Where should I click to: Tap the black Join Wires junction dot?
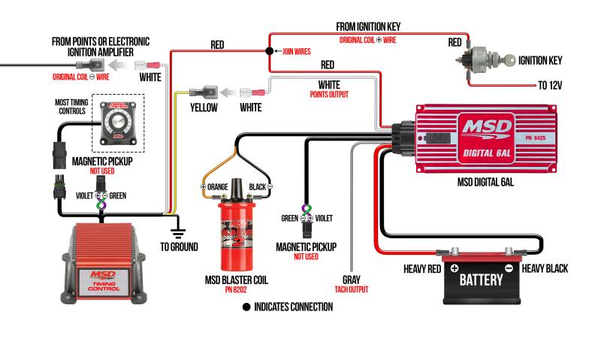tap(268, 52)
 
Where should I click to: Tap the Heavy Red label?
tap(424, 268)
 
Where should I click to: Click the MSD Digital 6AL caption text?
tap(485, 183)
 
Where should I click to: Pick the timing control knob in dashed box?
tap(117, 123)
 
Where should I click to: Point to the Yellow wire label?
tap(203, 108)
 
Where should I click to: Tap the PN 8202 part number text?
tap(237, 290)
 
